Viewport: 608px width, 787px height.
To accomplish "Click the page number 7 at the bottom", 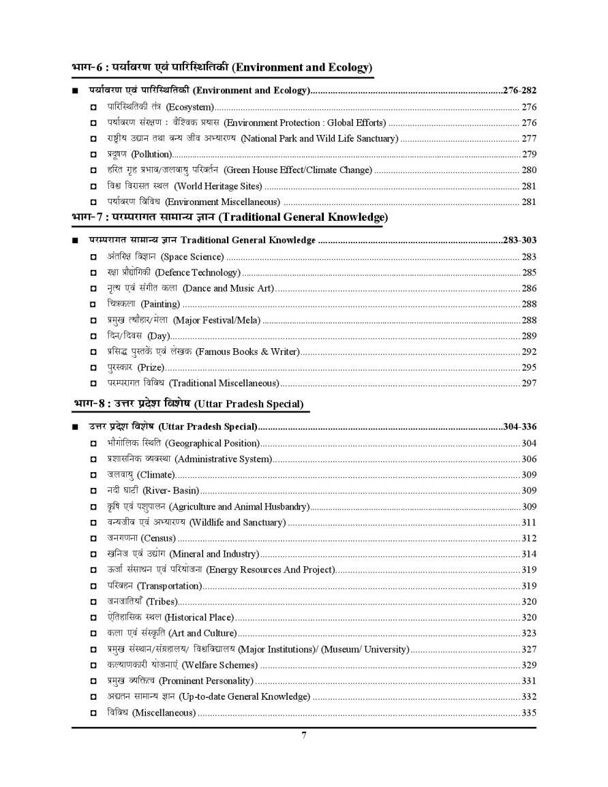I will [304, 735].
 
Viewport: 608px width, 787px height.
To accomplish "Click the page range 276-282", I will [519, 90].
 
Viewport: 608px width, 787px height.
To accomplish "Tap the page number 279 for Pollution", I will [529, 154].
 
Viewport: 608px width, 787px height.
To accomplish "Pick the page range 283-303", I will [519, 240].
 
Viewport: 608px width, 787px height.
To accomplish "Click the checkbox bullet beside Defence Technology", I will [93, 273].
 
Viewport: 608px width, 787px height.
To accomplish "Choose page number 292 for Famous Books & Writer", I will [529, 352].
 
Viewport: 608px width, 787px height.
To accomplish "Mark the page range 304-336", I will [519, 427].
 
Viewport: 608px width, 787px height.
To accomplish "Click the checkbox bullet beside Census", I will [93, 538].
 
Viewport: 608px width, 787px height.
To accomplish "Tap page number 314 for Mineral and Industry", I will [529, 554].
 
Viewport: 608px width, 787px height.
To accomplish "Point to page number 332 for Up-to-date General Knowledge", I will [529, 696].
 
